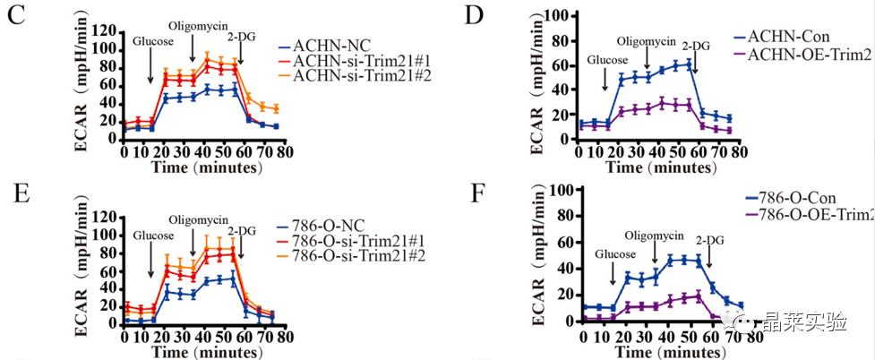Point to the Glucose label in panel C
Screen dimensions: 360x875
click(151, 41)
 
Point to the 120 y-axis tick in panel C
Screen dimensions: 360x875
click(102, 32)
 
